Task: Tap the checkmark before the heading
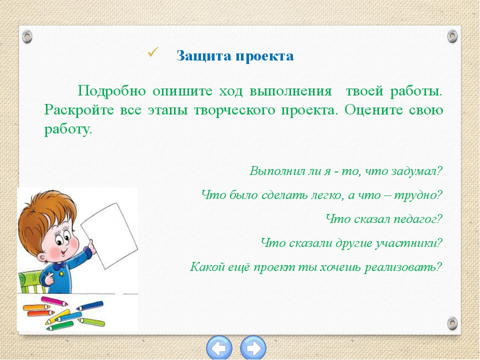click(x=153, y=52)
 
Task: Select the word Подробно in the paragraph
click(x=111, y=91)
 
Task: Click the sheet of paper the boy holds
click(x=109, y=235)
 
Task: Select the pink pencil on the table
click(x=54, y=301)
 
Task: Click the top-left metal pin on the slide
click(x=27, y=36)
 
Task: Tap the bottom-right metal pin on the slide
click(x=452, y=323)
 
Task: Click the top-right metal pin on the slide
click(x=452, y=36)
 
